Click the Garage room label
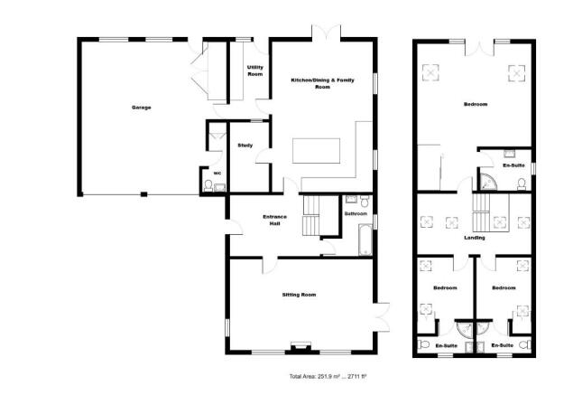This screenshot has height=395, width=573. pos(141,108)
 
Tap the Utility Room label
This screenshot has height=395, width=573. pos(254,71)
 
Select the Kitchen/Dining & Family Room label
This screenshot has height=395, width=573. pos(322,83)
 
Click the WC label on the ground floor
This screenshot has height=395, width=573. pos(217,173)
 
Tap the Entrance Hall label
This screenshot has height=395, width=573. pos(273,220)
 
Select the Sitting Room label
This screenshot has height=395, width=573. pos(300,295)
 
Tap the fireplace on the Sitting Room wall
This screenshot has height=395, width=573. pos(300,346)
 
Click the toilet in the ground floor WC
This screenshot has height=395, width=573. pos(209,186)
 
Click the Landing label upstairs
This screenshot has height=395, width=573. pos(475,238)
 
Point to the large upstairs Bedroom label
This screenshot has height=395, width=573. pos(475,105)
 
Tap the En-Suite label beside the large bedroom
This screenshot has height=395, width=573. pos(513,165)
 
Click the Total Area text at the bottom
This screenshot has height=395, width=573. pos(320,374)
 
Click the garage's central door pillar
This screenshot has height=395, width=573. pos(142,193)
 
